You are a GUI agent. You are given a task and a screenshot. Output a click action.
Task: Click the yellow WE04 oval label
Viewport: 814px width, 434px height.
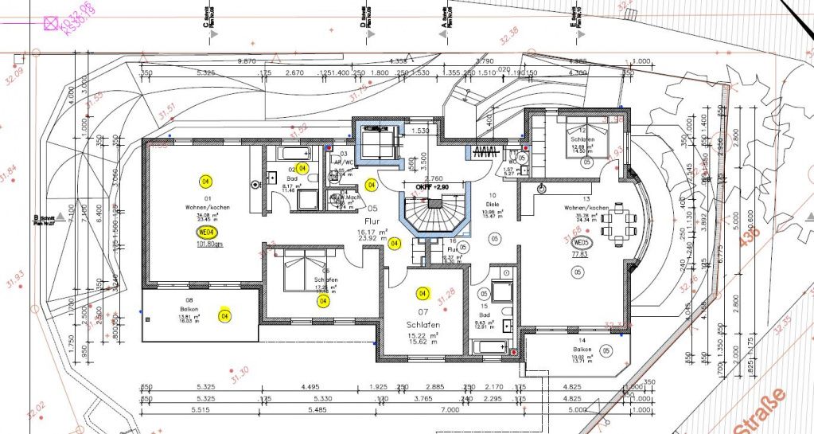coord(205,233)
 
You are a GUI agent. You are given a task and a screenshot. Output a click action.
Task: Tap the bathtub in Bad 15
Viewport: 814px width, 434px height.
coord(489,347)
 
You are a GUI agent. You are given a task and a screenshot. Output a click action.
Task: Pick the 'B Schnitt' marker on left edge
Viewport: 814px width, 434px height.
coord(40,217)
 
